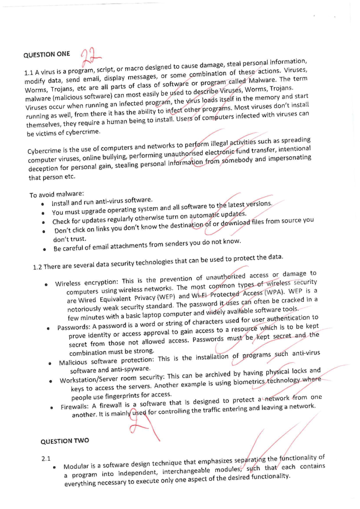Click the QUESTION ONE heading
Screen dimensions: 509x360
coord(47,55)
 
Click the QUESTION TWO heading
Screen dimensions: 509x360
coord(65,441)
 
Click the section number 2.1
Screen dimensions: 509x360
coord(46,459)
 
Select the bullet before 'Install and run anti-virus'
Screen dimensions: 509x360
coord(43,204)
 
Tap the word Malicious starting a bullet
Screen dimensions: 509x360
coord(73,362)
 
